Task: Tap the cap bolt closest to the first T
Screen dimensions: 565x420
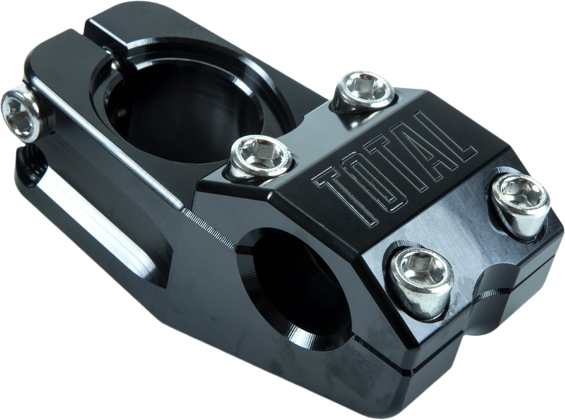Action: (x=261, y=158)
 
